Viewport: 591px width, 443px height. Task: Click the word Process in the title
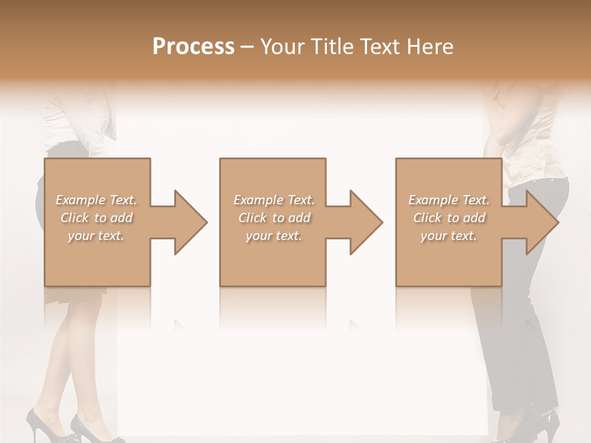point(193,47)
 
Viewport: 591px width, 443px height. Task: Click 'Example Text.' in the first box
point(97,200)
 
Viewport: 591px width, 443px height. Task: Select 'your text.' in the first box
point(97,236)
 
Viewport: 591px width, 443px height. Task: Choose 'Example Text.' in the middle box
point(274,200)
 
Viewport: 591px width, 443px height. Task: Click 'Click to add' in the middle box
point(274,218)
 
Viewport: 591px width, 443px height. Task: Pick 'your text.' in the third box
point(449,236)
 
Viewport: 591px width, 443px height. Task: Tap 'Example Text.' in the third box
point(449,200)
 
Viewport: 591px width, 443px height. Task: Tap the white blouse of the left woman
point(80,117)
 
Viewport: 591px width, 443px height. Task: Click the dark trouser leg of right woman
point(523,332)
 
